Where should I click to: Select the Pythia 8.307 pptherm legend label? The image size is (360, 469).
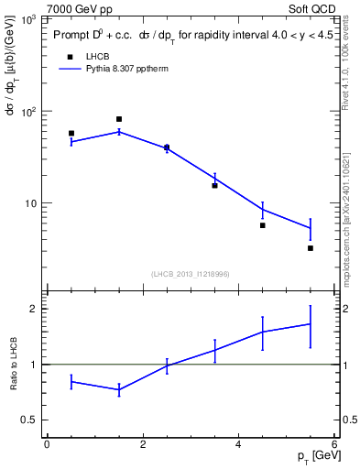pyautogui.click(x=126, y=69)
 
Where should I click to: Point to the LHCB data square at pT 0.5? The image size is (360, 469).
pyautogui.click(x=71, y=134)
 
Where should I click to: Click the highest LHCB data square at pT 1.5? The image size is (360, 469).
pyautogui.click(x=119, y=119)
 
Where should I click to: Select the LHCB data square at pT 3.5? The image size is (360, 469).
pyautogui.click(x=214, y=186)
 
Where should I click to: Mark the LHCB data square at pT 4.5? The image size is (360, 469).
pyautogui.click(x=263, y=225)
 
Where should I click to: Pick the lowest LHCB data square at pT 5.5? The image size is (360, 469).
pyautogui.click(x=311, y=248)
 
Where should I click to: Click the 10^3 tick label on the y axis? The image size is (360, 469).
pyautogui.click(x=30, y=18)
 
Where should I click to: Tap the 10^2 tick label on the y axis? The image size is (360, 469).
pyautogui.click(x=30, y=111)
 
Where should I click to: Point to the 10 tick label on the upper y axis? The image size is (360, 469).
pyautogui.click(x=33, y=203)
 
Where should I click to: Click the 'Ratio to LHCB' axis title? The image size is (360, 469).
pyautogui.click(x=14, y=365)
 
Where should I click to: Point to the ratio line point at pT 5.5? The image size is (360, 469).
pyautogui.click(x=311, y=323)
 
